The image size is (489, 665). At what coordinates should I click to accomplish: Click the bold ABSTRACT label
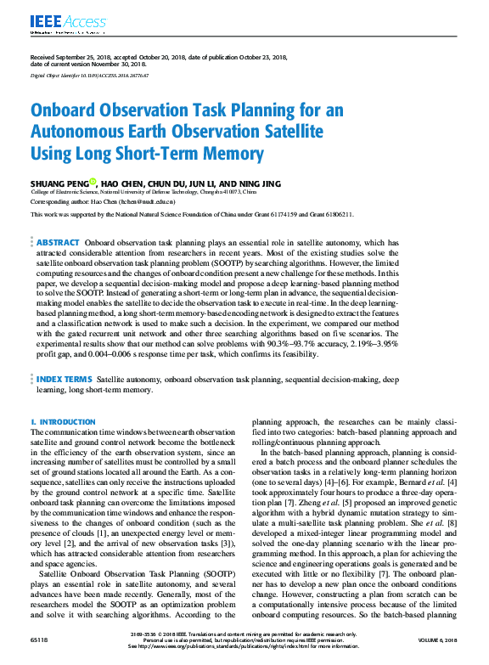click(59, 243)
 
